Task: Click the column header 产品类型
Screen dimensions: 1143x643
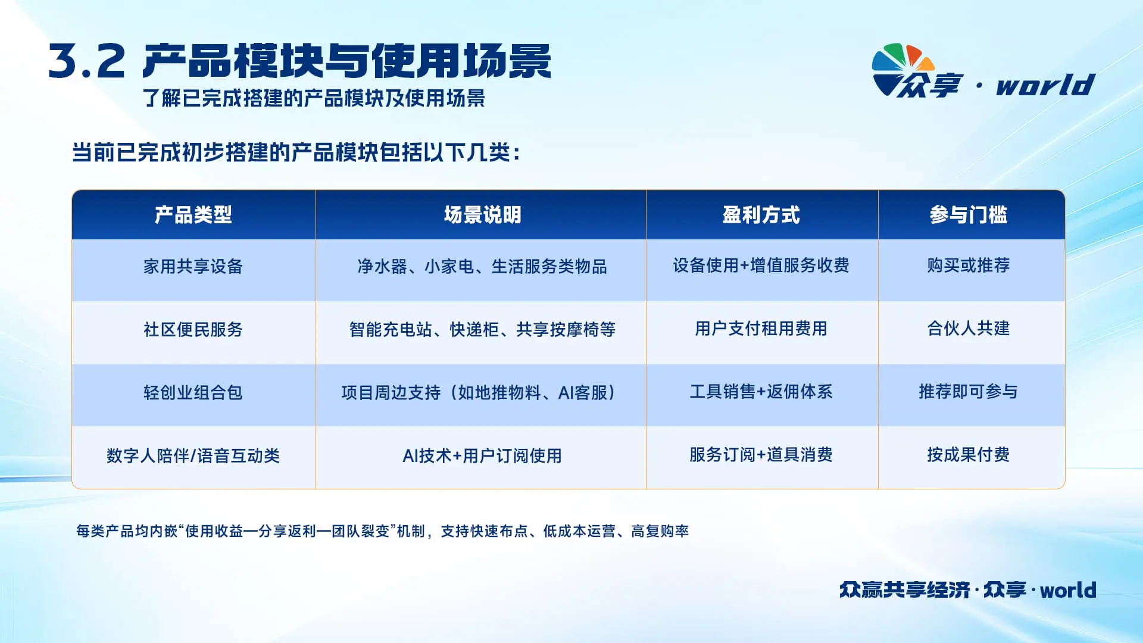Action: coord(193,215)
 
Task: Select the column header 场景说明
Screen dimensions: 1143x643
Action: coord(482,215)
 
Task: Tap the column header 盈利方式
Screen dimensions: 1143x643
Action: coord(761,215)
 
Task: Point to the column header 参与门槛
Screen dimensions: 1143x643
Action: coord(969,215)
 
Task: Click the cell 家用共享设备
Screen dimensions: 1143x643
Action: coord(193,266)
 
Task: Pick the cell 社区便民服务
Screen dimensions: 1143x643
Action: coord(193,329)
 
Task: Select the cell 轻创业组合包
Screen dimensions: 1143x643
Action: coord(193,392)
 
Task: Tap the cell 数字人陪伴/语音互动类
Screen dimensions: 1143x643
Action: coord(193,455)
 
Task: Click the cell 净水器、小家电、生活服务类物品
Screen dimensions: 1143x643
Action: coord(482,266)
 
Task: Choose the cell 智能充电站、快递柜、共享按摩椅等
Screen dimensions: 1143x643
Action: coord(482,329)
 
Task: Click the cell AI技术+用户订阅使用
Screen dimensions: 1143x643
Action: coord(482,455)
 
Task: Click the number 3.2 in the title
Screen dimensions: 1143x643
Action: coord(87,61)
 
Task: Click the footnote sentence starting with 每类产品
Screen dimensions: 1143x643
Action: coord(382,530)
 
